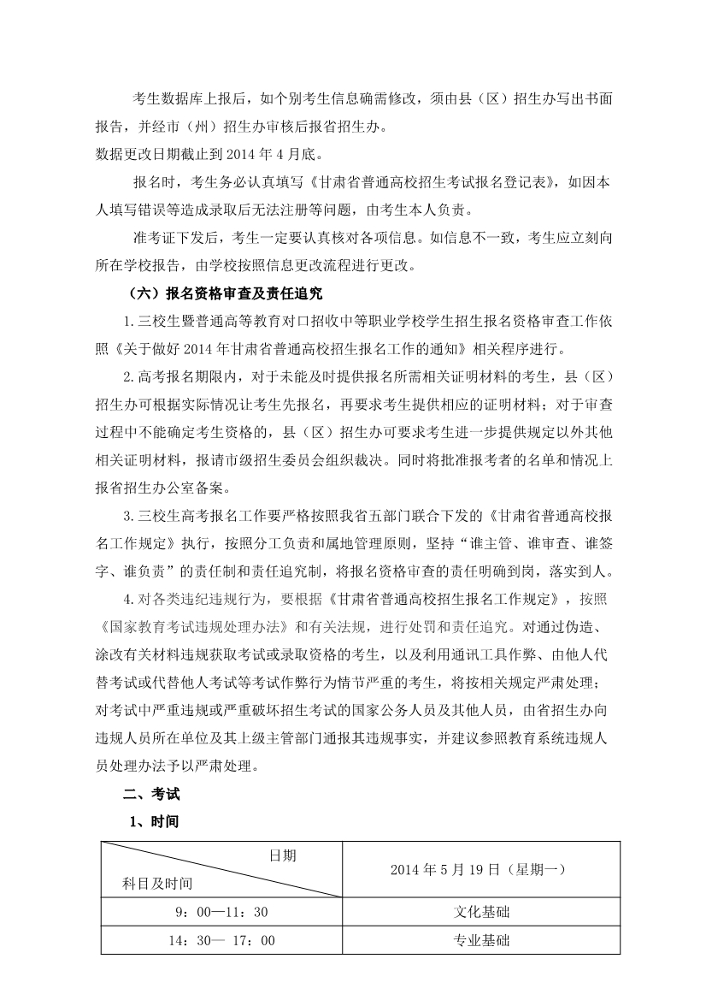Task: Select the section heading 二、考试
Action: (151, 793)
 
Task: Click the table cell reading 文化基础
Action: (481, 912)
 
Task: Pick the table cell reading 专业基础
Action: (481, 940)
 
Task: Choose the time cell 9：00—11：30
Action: (221, 912)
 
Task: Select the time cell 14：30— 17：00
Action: (221, 940)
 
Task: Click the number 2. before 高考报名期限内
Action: (129, 376)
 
